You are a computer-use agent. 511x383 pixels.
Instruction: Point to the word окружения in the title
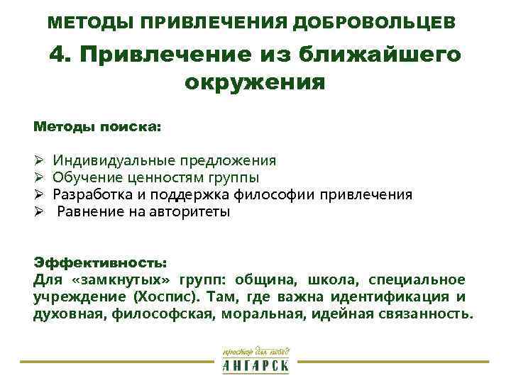255,83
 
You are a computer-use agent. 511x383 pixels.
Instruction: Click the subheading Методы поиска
97,127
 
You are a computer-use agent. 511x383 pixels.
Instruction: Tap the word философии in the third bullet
279,194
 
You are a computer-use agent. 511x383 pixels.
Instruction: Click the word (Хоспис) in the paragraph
165,296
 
